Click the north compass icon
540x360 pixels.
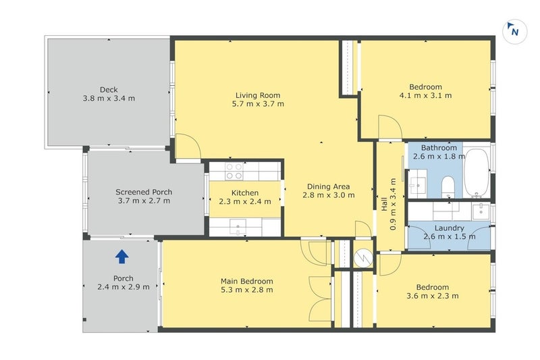pos(514,31)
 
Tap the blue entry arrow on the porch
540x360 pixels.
pos(122,257)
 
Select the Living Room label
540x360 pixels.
pos(258,95)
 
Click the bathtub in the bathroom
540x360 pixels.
pos(477,173)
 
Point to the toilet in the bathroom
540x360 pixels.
pos(448,186)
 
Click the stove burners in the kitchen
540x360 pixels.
pos(234,171)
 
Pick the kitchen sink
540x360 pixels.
pos(238,226)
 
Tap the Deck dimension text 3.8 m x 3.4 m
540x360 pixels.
pos(109,99)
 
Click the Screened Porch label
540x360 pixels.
pos(144,192)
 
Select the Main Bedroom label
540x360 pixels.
pos(247,281)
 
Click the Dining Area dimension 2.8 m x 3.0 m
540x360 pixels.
pos(329,195)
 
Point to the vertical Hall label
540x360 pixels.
pos(385,204)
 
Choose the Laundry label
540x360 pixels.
pos(449,228)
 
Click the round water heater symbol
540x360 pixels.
pos(363,257)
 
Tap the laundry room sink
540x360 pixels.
pos(481,211)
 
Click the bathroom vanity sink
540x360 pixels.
pos(417,186)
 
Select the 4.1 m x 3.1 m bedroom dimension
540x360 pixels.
pos(425,95)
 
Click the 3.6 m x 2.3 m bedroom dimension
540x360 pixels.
pos(433,296)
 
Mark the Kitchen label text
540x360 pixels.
pos(245,193)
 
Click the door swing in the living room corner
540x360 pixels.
pos(188,147)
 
